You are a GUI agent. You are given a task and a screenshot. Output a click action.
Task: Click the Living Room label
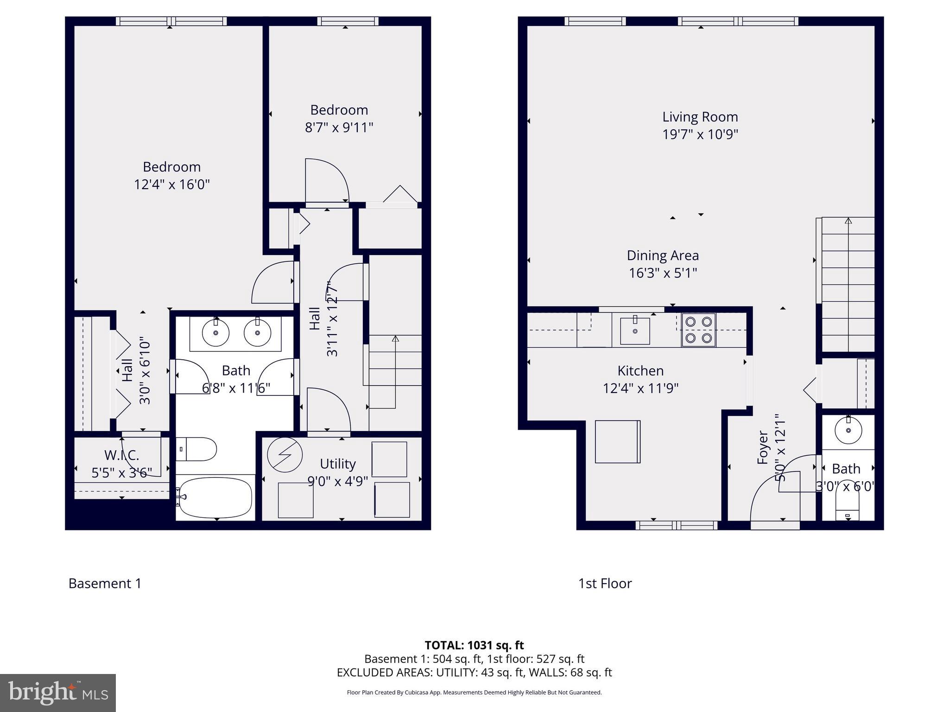[x=700, y=117]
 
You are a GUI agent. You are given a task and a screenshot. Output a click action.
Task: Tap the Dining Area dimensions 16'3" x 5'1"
[x=663, y=273]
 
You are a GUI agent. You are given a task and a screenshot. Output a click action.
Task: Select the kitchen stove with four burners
[x=698, y=330]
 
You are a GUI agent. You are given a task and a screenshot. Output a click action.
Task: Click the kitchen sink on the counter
[x=635, y=331]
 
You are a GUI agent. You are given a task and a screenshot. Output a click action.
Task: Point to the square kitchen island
[x=617, y=441]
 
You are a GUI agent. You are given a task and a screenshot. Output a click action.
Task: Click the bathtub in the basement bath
[x=215, y=498]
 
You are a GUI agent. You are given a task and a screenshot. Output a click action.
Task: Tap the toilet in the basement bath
[x=197, y=449]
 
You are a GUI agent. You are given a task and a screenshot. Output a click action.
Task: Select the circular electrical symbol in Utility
[x=285, y=455]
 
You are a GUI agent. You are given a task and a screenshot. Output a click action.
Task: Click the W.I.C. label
[x=121, y=455]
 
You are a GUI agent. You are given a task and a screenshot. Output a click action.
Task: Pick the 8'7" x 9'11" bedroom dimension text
[x=339, y=127]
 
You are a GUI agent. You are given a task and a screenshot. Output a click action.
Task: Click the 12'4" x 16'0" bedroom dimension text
[x=171, y=184]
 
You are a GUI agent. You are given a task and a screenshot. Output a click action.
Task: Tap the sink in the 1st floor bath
[x=848, y=430]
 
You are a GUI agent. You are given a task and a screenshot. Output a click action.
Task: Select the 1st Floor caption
[x=605, y=583]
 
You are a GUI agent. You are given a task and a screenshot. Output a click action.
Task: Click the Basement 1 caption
[x=105, y=583]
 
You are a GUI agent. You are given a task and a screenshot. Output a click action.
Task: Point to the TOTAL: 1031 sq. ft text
[x=474, y=645]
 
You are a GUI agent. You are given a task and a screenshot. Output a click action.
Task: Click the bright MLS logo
[x=58, y=693]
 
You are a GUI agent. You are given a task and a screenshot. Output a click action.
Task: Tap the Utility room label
[x=337, y=464]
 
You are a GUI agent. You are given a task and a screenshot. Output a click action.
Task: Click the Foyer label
[x=763, y=448]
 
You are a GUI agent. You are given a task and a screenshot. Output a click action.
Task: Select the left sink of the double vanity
[x=215, y=332]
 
